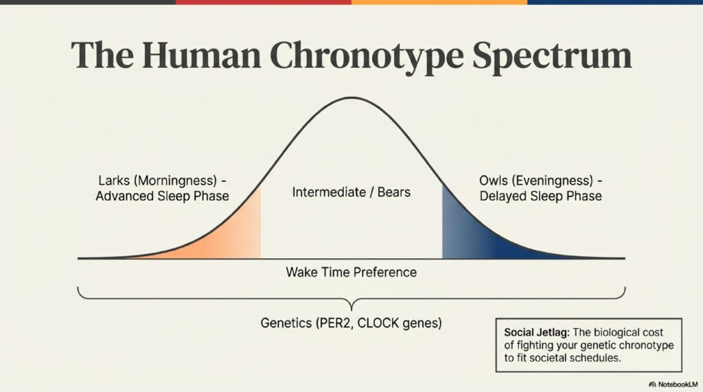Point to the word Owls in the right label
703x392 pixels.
pos(493,182)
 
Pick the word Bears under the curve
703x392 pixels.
pos(393,192)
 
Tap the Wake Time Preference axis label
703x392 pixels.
pos(351,273)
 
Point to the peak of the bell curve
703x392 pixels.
pos(351,98)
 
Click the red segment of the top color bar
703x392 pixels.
pos(263,2)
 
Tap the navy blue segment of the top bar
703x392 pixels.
pos(615,2)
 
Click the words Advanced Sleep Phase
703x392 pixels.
pos(162,196)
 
